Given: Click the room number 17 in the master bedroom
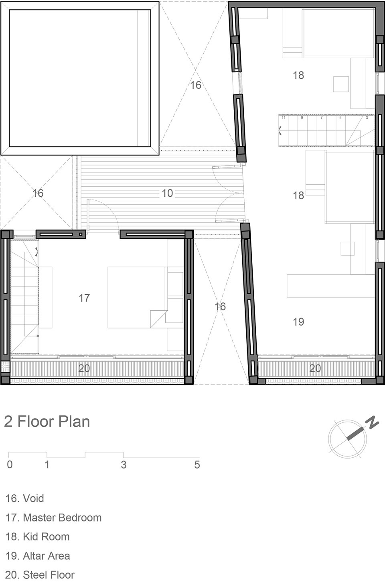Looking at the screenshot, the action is [84, 298].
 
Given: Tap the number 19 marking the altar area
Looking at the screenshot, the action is [298, 322].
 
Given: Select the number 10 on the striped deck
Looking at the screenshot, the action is [167, 193].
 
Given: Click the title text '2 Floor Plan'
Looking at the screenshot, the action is [47, 422].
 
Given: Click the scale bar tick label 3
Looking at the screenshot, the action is [124, 465].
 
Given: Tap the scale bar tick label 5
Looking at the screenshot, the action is [197, 465].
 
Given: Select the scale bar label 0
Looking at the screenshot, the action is [10, 465].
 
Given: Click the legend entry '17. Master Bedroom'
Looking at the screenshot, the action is [53, 518].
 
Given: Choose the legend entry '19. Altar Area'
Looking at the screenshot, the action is [38, 556].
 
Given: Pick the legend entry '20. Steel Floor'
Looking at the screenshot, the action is [40, 575].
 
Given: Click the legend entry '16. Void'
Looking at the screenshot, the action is [25, 499].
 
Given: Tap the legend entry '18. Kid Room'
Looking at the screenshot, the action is [38, 537].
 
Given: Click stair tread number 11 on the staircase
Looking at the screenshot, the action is [284, 118].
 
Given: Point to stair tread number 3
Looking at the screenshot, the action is [367, 118].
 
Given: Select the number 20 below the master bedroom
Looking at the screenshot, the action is [84, 368].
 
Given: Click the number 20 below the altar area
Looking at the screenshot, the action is [315, 368].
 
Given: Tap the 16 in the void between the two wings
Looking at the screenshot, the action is [220, 306].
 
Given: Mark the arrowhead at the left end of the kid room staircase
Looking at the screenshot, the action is [280, 130].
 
